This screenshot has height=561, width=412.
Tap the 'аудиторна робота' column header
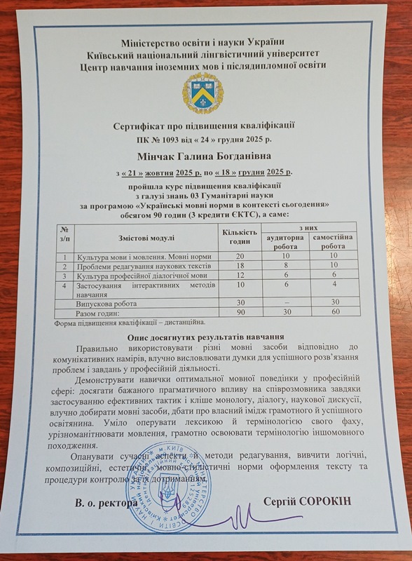click(x=287, y=242)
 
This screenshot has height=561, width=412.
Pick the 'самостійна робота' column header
click(x=338, y=242)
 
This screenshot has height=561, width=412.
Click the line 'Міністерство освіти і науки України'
click(x=203, y=43)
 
